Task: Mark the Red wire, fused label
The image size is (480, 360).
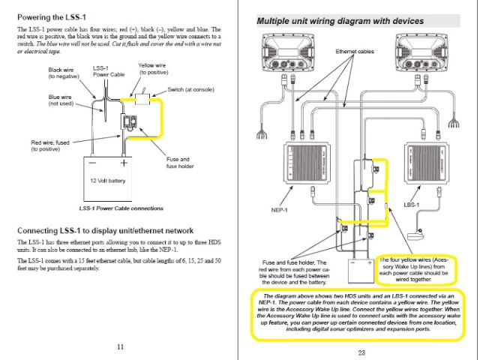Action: point(50,145)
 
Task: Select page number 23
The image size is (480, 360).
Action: point(361,352)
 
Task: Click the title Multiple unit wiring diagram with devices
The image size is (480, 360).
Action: point(340,21)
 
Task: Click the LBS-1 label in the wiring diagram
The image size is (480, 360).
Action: point(411,203)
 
